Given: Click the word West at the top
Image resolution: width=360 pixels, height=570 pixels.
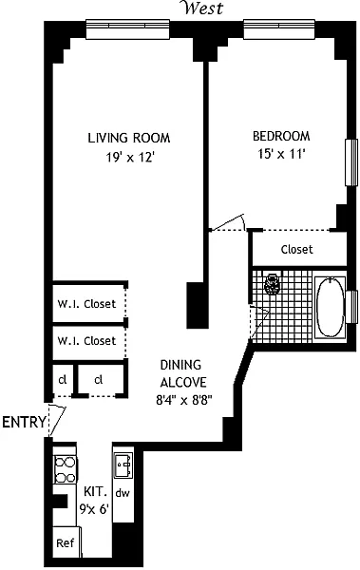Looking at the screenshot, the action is [203, 8].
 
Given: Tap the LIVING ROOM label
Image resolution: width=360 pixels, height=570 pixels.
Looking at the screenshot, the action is [129, 138].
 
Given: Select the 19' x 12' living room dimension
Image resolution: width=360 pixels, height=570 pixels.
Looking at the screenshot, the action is [130, 158].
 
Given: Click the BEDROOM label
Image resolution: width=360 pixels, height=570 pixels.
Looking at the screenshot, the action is [281, 136].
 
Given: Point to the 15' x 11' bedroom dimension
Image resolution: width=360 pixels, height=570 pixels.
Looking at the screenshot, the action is [281, 154].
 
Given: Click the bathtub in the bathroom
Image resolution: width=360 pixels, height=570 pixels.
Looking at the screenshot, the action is [330, 307].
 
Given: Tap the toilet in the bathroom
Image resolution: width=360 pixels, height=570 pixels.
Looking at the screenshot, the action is [272, 283].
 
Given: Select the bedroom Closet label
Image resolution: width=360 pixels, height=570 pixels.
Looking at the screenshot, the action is [296, 249].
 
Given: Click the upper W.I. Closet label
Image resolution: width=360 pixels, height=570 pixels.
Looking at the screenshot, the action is [86, 304].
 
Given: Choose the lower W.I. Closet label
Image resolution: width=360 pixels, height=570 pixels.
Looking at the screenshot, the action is [86, 341].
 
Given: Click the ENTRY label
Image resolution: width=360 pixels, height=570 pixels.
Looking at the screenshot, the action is [25, 423].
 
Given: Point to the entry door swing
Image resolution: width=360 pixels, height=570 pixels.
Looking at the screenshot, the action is [57, 421].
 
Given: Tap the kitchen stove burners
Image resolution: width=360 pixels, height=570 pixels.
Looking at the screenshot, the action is [66, 469].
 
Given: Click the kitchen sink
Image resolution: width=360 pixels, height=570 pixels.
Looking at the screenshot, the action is [123, 465].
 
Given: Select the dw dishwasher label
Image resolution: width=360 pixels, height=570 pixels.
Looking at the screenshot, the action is [123, 493].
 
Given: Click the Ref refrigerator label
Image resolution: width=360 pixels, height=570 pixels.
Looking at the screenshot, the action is [66, 543].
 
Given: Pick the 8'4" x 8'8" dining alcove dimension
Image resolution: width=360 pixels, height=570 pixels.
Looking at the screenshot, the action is [183, 400].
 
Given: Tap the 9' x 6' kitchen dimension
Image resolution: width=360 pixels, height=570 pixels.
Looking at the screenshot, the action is [95, 509].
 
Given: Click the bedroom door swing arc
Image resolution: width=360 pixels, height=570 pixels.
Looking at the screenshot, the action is [228, 222].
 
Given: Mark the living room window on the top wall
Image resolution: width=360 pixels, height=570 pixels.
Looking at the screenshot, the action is [127, 28].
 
